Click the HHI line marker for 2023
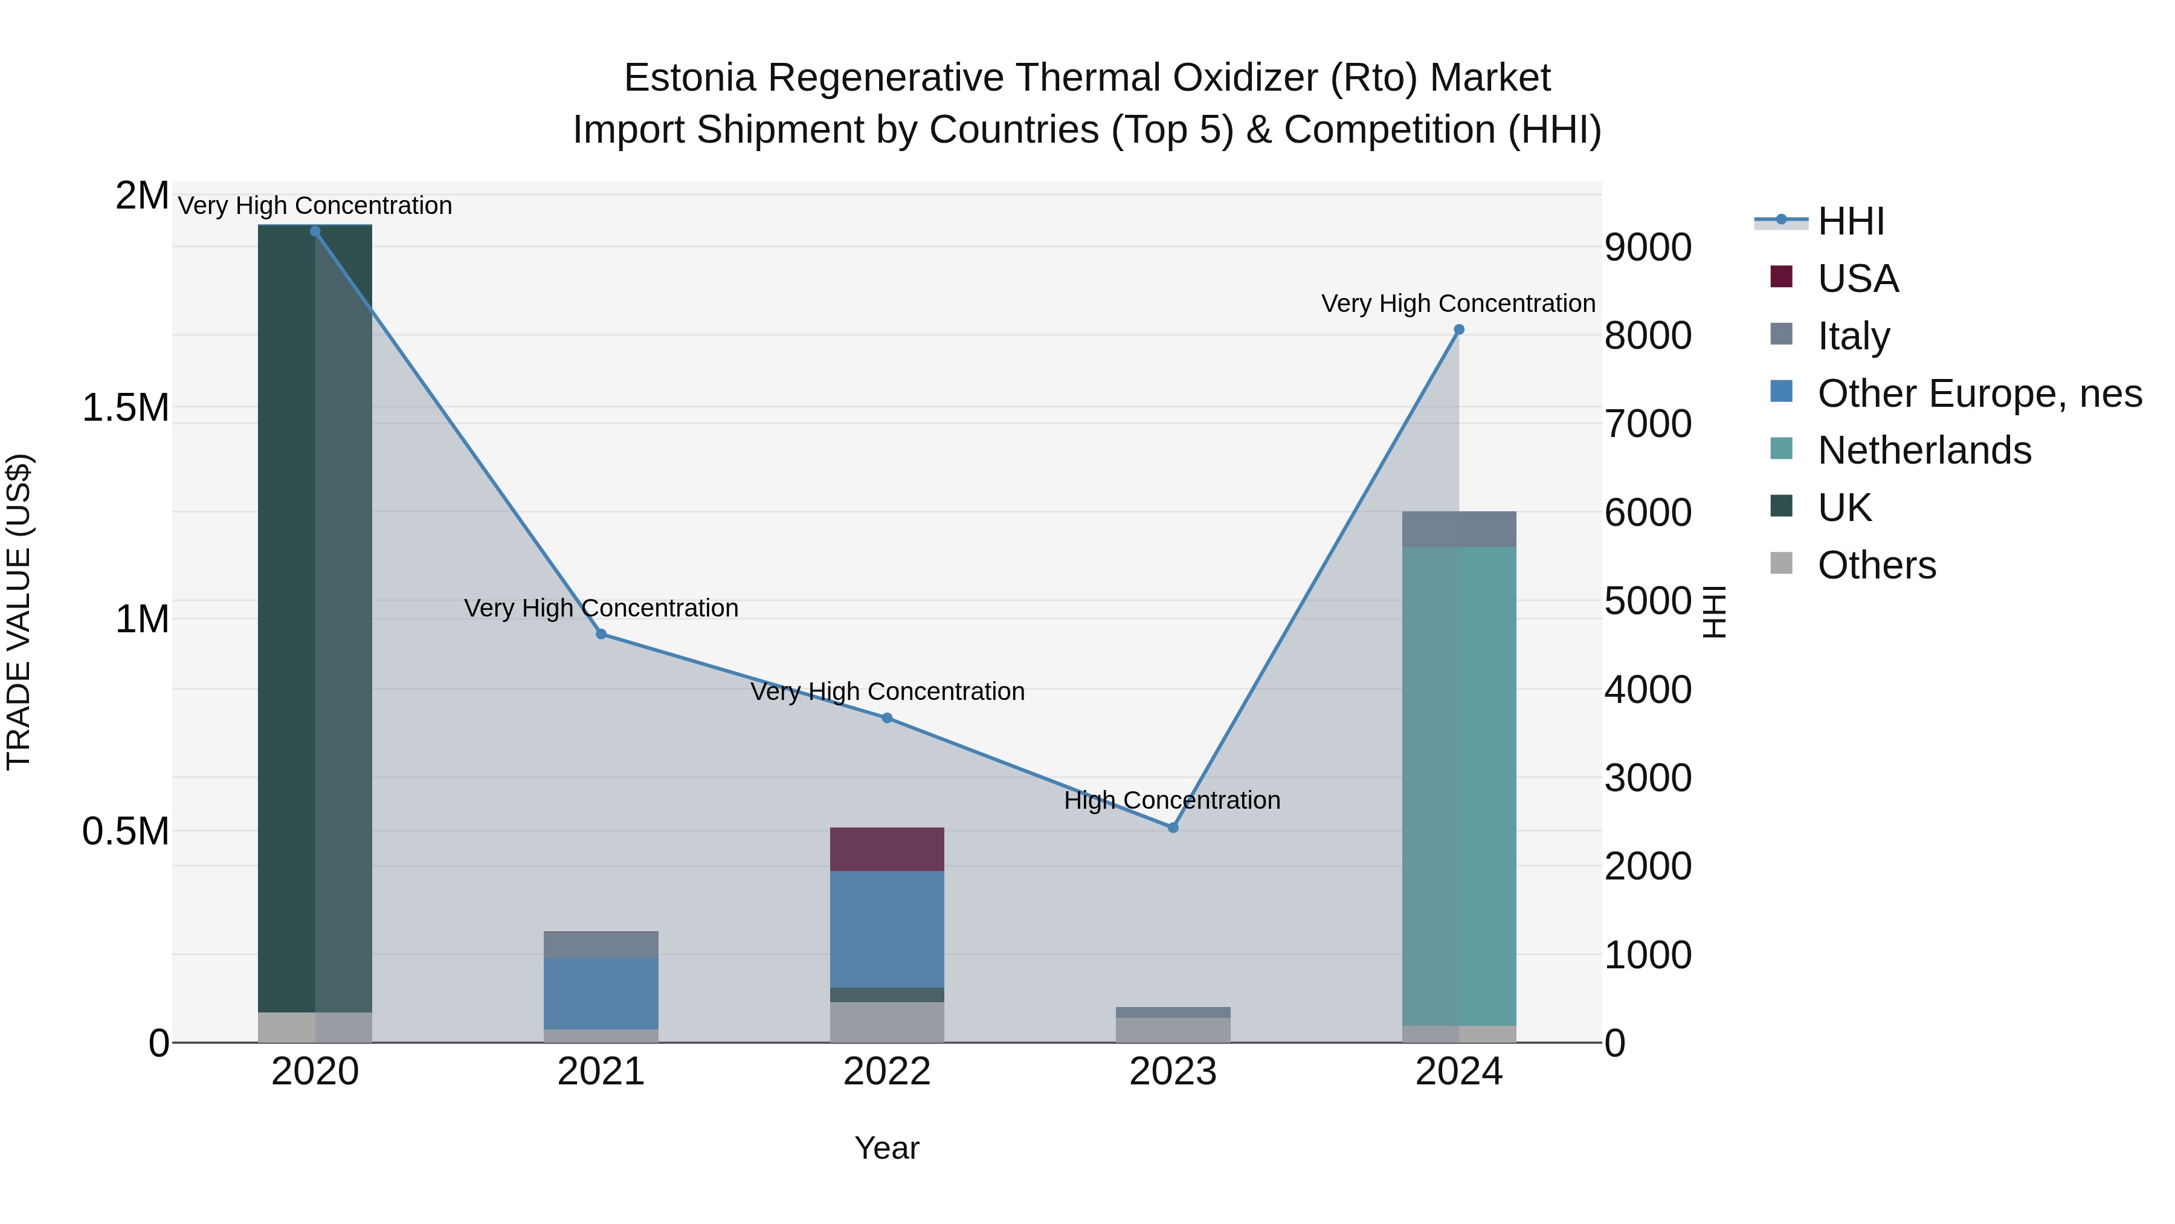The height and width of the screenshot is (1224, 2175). pyautogui.click(x=1172, y=828)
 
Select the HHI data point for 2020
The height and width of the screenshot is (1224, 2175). pyautogui.click(x=315, y=232)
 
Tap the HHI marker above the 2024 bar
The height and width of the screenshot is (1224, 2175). pyautogui.click(x=1458, y=330)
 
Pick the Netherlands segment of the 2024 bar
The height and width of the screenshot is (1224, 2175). pyautogui.click(x=1458, y=786)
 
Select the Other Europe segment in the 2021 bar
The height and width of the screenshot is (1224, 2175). pyautogui.click(x=601, y=993)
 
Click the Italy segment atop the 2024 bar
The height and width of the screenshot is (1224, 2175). pyautogui.click(x=1458, y=529)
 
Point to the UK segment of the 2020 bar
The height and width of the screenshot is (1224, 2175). pyautogui.click(x=315, y=617)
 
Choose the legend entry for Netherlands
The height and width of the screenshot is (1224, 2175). pyautogui.click(x=1924, y=450)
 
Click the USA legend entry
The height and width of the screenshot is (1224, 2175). pyautogui.click(x=1858, y=279)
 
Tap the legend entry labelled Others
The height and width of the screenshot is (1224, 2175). pyautogui.click(x=1876, y=565)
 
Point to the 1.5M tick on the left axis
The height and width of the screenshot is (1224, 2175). pyautogui.click(x=126, y=408)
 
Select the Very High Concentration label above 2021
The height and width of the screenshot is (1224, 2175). pyautogui.click(x=601, y=608)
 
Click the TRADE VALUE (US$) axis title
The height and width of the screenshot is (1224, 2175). pyautogui.click(x=19, y=612)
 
